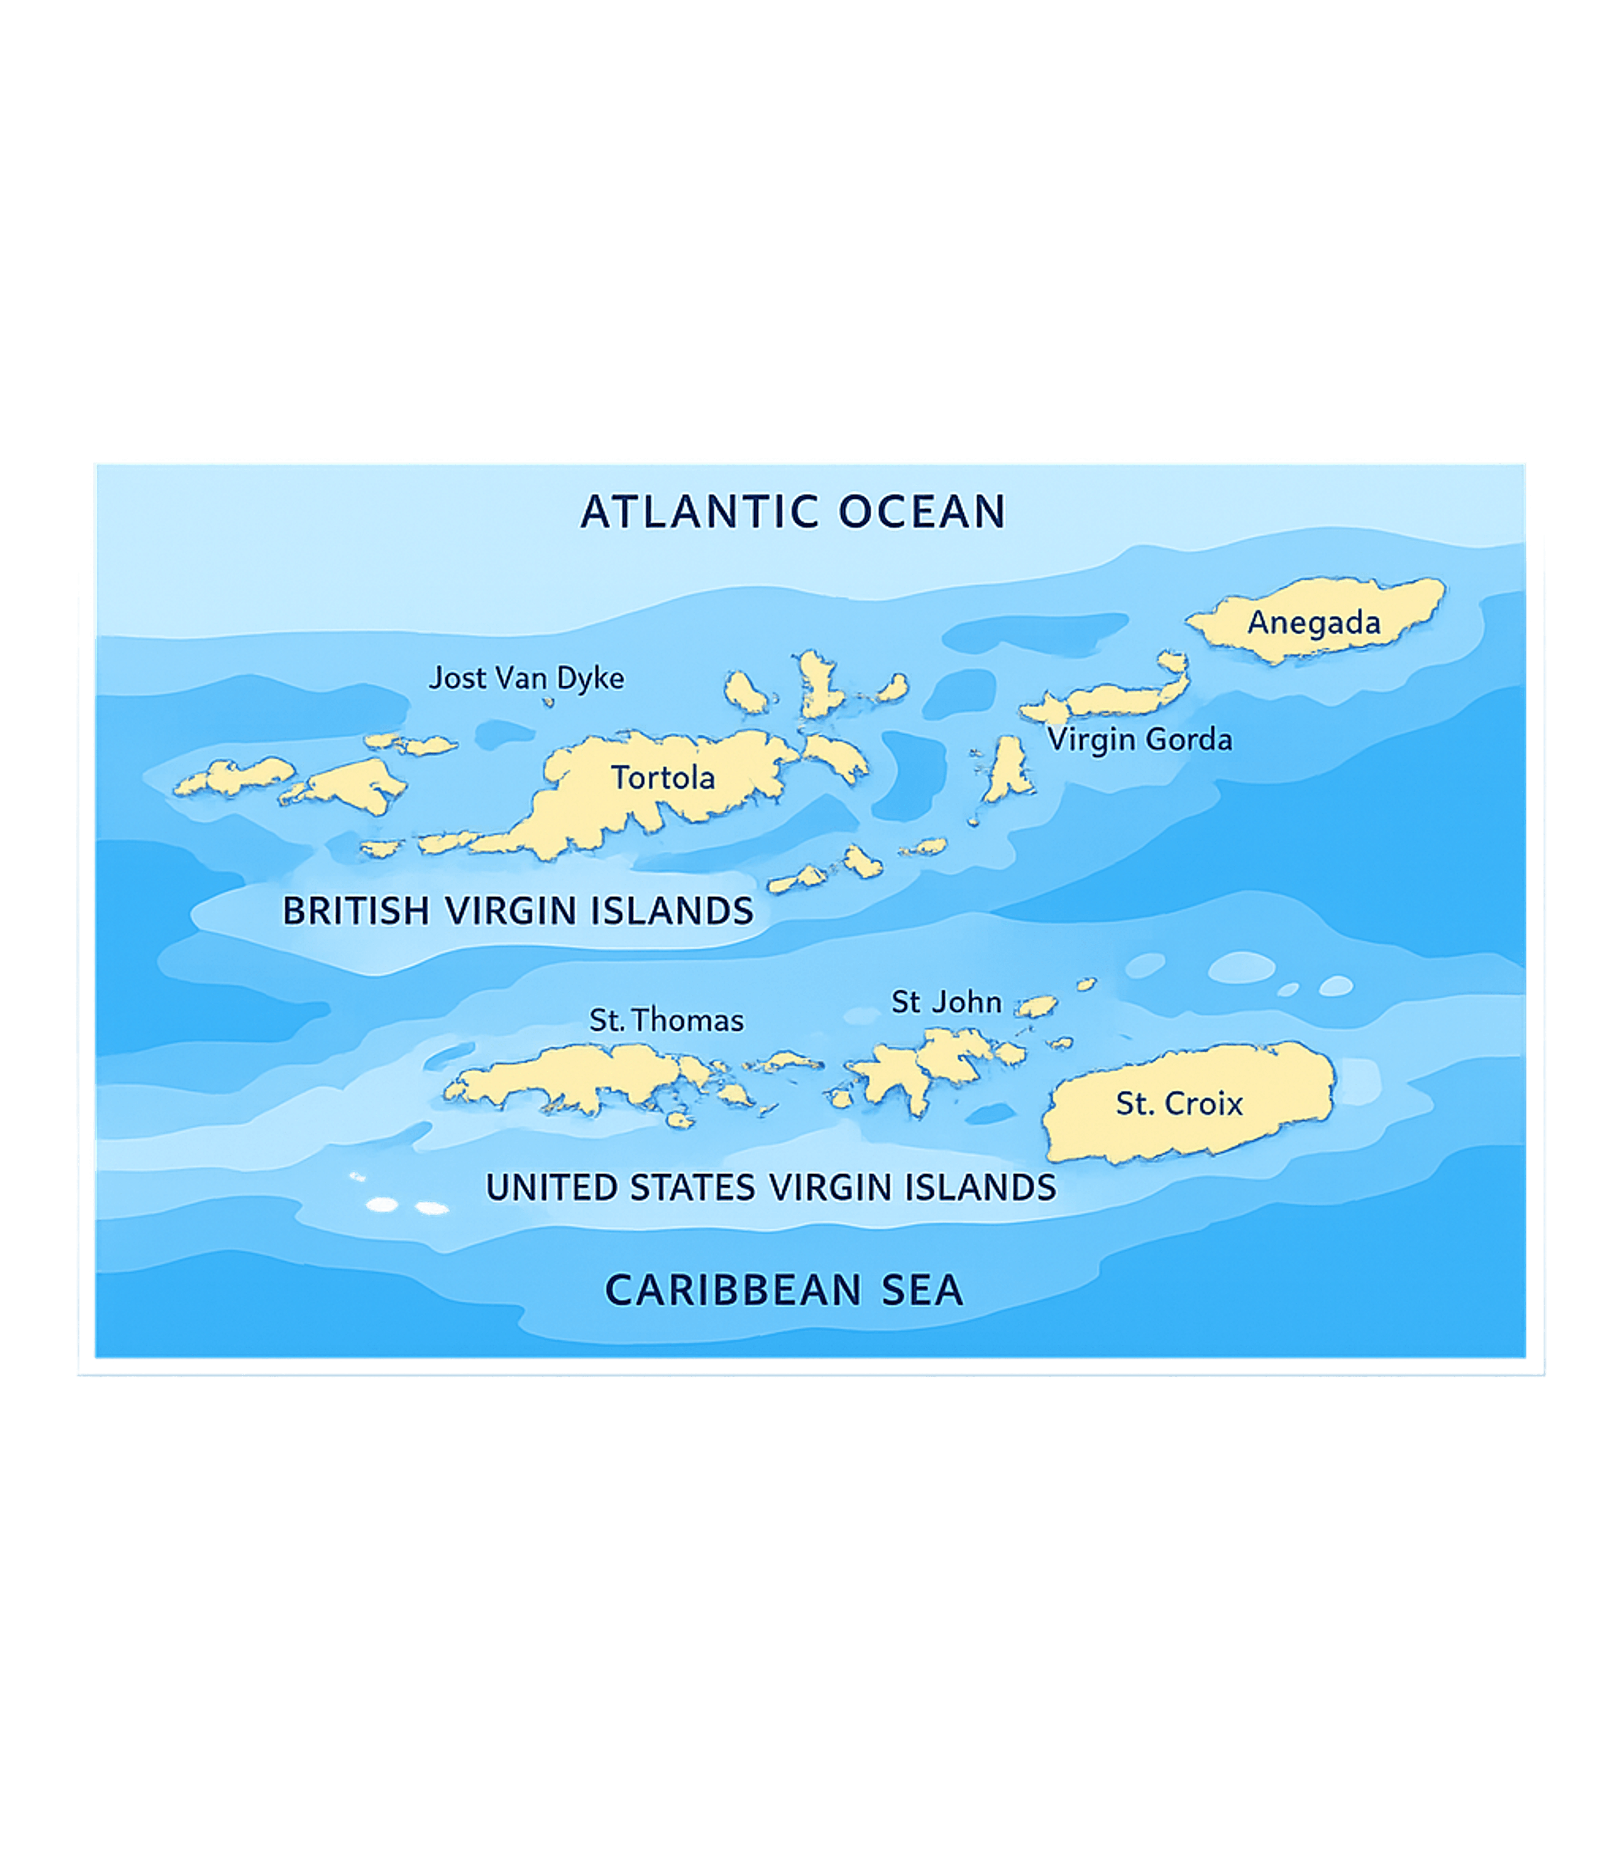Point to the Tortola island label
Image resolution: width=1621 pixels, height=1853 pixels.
click(x=663, y=777)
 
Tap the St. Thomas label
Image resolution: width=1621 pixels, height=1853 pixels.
click(x=667, y=1021)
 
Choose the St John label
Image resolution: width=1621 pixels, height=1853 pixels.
click(x=946, y=1003)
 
